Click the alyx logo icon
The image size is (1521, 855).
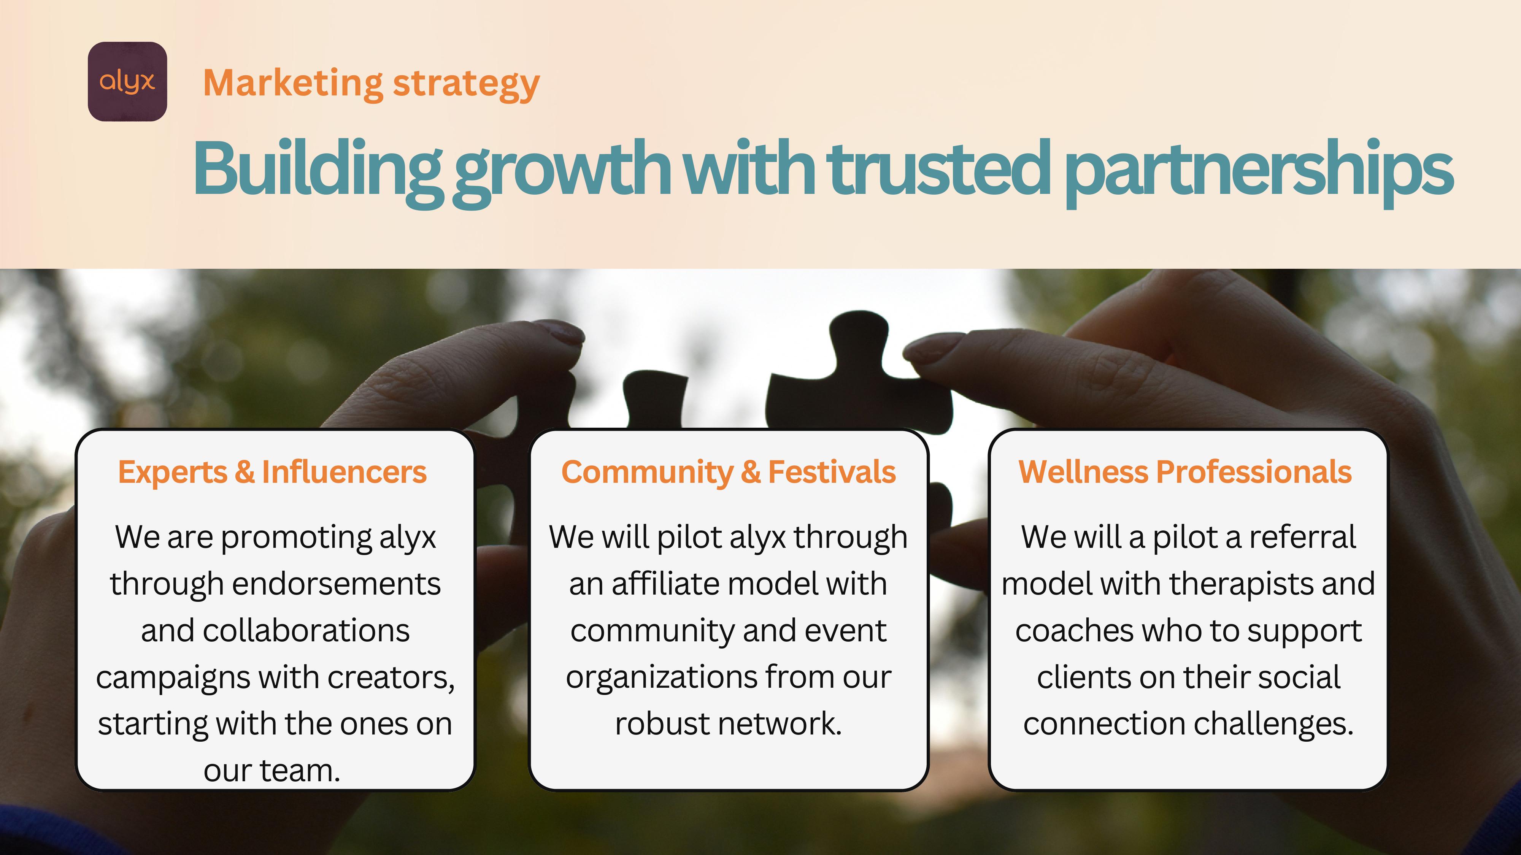coord(127,81)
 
